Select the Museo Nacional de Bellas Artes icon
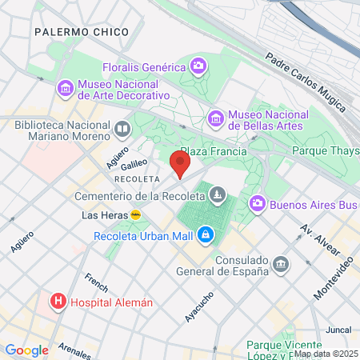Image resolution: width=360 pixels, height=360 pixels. pyautogui.click(x=215, y=118)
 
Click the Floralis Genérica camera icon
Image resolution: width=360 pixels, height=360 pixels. pyautogui.click(x=198, y=66)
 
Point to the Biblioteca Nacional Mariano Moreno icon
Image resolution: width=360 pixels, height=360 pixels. pyautogui.click(x=122, y=129)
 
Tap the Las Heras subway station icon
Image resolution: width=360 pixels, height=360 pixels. pyautogui.click(x=136, y=215)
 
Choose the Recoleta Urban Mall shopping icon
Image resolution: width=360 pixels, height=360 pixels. pyautogui.click(x=206, y=234)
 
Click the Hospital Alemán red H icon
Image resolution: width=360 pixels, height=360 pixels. pyautogui.click(x=58, y=302)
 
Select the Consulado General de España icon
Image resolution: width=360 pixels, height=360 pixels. pyautogui.click(x=281, y=263)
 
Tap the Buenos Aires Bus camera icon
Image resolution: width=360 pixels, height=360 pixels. pyautogui.click(x=257, y=204)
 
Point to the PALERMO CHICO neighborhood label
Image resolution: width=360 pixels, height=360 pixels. pyautogui.click(x=82, y=32)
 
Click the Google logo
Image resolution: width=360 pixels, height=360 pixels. pyautogui.click(x=26, y=350)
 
